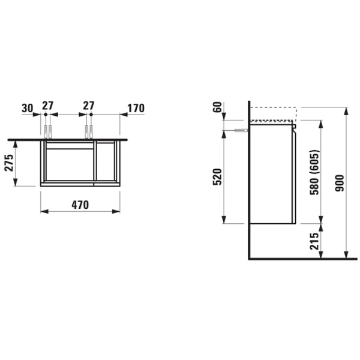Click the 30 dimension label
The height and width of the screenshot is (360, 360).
point(28,108)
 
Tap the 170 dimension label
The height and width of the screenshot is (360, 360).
point(136,109)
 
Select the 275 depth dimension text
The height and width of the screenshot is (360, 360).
point(10,163)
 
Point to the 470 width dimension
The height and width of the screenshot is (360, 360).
point(80,205)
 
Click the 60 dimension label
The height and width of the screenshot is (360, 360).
point(218,107)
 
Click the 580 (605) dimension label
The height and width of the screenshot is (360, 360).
point(314,172)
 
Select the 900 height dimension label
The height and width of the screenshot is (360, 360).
point(340,183)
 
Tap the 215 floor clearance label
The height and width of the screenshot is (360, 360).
point(314,241)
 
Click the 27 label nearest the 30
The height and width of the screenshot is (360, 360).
point(48,106)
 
